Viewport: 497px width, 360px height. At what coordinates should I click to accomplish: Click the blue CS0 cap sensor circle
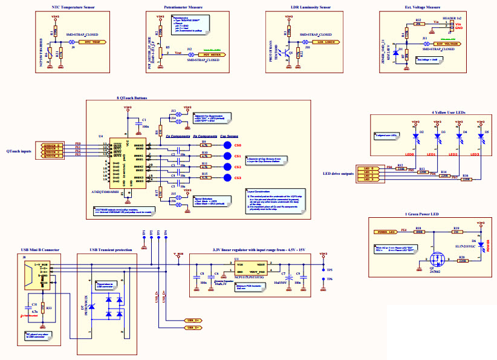tap(227, 146)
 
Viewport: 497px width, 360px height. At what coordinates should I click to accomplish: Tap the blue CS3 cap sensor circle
tap(227, 178)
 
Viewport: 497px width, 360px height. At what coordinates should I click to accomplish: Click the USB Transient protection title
tap(109, 249)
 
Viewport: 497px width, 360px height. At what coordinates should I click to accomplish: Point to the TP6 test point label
tap(330, 279)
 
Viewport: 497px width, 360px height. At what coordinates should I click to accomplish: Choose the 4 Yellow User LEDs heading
tap(431, 113)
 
